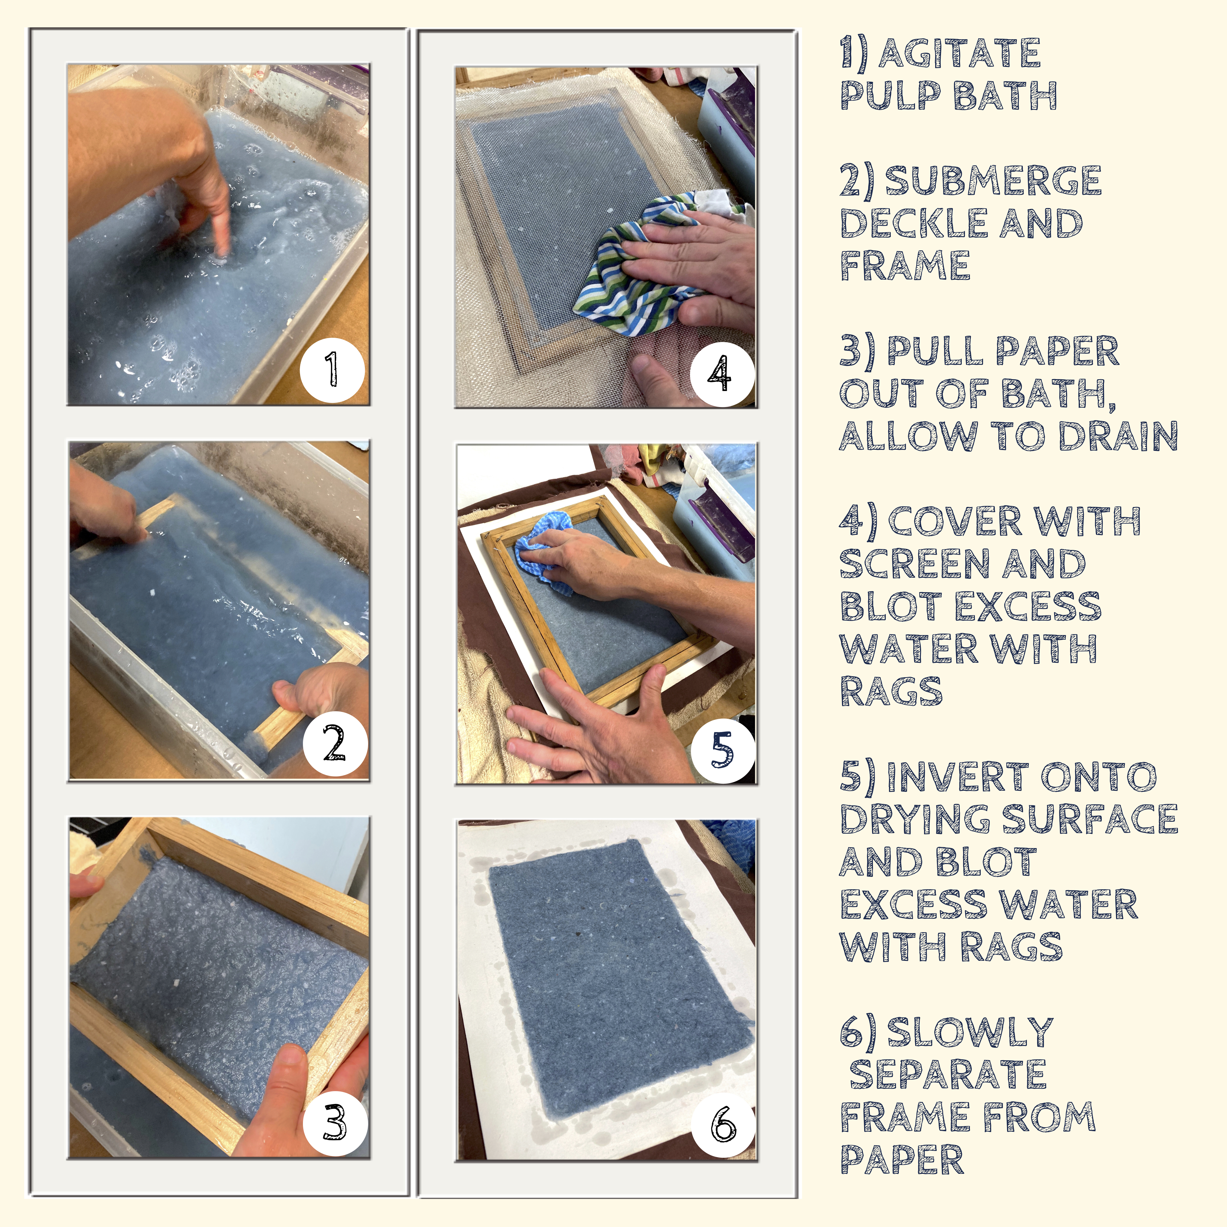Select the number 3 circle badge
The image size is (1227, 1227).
coord(335,1122)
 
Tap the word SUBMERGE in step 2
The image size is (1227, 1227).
coord(993,181)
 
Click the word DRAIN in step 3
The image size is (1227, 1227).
coord(1118,436)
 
